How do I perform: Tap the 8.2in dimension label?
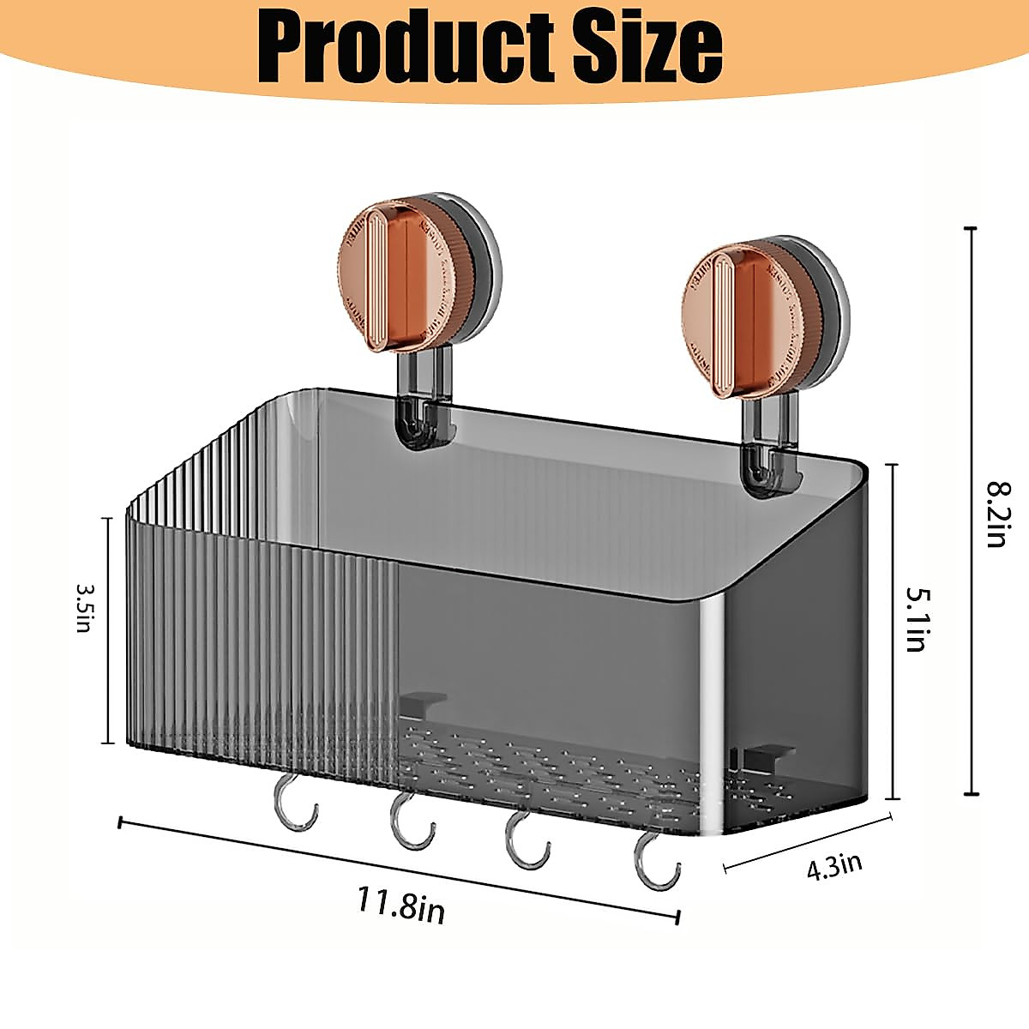[998, 514]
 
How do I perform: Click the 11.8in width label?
[401, 905]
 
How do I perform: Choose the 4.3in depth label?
[833, 865]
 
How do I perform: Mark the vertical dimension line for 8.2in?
[971, 512]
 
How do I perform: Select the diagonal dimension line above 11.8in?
[399, 870]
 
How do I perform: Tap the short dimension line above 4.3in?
[809, 843]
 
